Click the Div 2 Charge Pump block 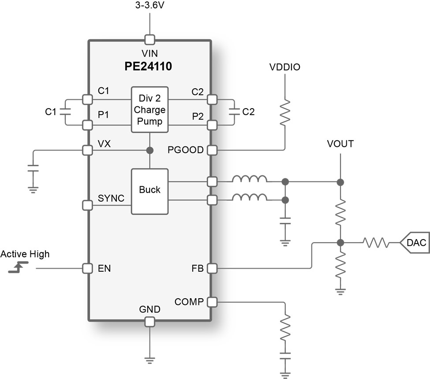(150, 109)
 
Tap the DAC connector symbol (414, 242)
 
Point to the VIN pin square (150, 40)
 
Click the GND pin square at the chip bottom (150, 322)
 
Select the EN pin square (87, 268)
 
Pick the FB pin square (212, 268)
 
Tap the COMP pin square (212, 302)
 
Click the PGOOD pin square (212, 150)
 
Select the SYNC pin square (87, 205)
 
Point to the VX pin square (87, 150)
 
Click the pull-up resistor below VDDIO (285, 112)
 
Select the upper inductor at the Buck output (250, 180)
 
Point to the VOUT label (340, 144)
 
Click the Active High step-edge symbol (18, 267)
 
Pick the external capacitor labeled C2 (234, 112)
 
